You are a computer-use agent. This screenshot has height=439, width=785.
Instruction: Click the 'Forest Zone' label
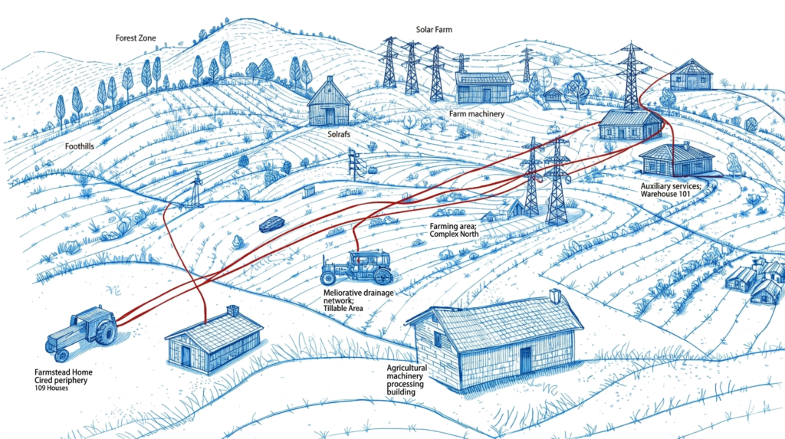click(136, 38)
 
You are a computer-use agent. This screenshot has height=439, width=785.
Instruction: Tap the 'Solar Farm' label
click(435, 29)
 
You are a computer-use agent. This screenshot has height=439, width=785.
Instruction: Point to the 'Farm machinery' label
click(476, 114)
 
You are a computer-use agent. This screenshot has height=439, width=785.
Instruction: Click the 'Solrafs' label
click(333, 133)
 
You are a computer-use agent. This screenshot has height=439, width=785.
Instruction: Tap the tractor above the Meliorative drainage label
click(357, 267)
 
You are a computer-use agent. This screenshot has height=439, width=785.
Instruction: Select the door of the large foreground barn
click(525, 360)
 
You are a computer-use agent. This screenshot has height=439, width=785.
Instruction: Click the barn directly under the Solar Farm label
click(484, 87)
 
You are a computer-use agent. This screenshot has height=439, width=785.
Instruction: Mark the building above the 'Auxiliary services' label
click(676, 159)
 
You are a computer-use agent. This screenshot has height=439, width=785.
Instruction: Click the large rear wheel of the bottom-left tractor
click(104, 333)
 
